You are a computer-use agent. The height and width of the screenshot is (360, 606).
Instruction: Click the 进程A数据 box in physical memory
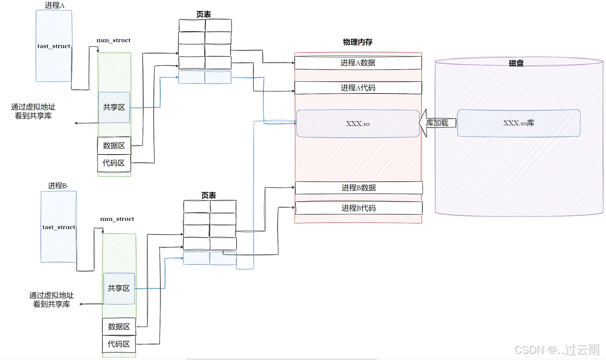pos(358,63)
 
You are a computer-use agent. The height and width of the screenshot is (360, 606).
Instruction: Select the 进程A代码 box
pos(358,88)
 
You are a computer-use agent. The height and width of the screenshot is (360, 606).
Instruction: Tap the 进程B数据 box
pos(359,188)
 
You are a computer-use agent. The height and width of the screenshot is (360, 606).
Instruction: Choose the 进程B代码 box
pos(359,208)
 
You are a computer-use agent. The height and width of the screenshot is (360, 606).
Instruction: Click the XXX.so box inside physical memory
pos(358,123)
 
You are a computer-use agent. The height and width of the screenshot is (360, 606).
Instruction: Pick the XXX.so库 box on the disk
pos(518,123)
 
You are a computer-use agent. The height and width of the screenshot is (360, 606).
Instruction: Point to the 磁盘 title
pos(516,63)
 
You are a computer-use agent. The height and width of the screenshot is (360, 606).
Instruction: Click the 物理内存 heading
pos(357,43)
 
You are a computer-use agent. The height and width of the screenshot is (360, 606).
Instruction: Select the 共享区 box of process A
pos(114,107)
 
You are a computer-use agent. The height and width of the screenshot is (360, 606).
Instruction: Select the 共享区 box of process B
pos(119,288)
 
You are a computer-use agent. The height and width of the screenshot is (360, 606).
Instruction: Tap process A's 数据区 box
pos(114,146)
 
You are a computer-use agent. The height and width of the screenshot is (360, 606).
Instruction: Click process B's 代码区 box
pos(119,344)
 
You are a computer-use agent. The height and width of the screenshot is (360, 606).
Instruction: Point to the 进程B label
pos(58,186)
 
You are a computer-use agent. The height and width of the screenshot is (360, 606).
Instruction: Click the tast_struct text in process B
pos(59,228)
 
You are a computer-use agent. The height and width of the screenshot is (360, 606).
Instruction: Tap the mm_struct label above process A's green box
pos(114,41)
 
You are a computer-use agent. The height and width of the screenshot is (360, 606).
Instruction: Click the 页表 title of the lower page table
pos(209,195)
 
